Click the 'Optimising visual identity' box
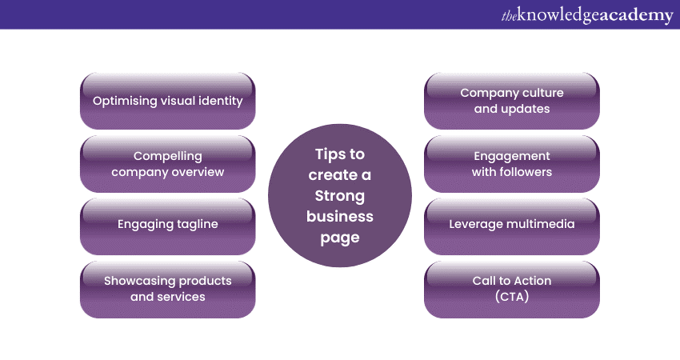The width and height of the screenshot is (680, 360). coord(167,101)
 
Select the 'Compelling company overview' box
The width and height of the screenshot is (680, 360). coord(167,164)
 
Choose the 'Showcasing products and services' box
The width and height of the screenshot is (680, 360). coord(167,289)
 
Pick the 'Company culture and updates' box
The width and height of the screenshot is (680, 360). coord(511,101)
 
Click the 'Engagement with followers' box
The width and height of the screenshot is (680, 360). coord(511,164)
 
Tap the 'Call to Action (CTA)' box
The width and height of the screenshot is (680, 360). coord(511,289)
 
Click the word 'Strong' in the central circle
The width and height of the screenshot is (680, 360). coord(339,196)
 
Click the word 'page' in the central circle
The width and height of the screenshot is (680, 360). coord(339,237)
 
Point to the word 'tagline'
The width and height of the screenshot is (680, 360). coord(196,224)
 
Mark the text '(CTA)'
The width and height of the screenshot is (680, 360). coord(512,297)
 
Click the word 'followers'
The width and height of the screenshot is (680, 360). coord(524,171)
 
